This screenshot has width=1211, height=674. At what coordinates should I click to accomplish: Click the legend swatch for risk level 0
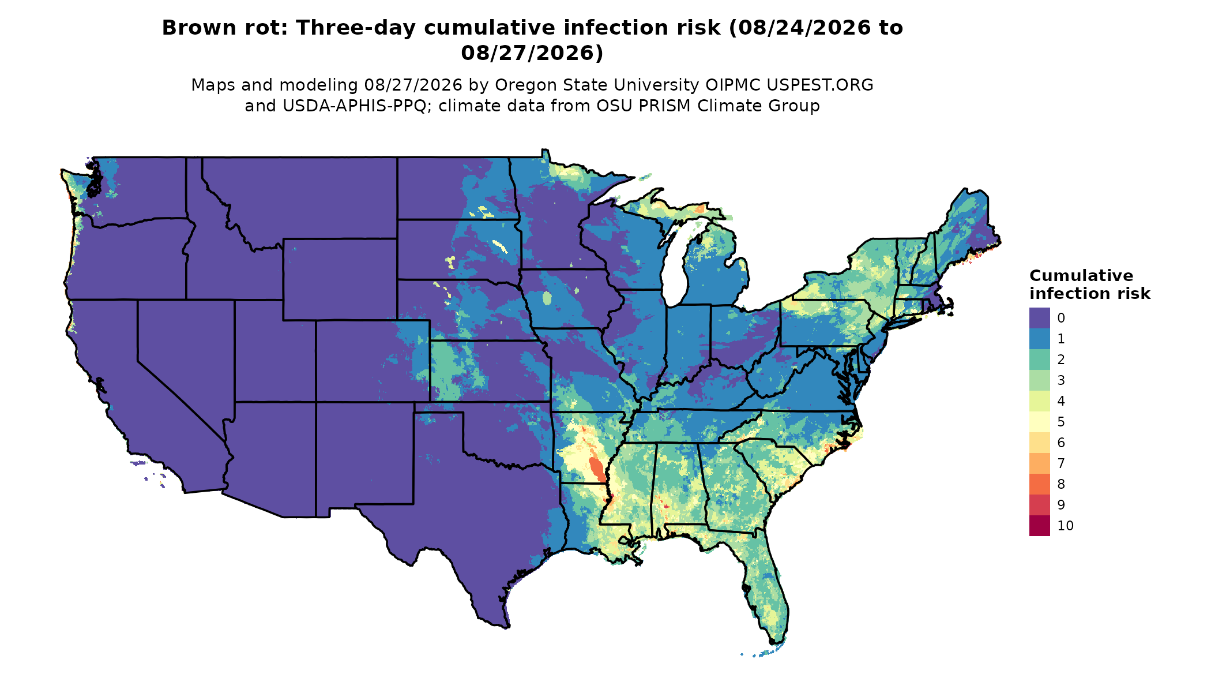pyautogui.click(x=1039, y=318)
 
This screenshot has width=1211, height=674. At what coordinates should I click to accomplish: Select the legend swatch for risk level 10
pyautogui.click(x=1039, y=526)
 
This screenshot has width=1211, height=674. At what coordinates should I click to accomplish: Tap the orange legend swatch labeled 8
pyautogui.click(x=1039, y=484)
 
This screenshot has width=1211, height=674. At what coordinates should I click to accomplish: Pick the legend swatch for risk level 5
pyautogui.click(x=1039, y=422)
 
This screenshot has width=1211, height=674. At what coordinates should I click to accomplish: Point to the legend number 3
pyautogui.click(x=1061, y=380)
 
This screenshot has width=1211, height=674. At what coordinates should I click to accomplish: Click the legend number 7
pyautogui.click(x=1061, y=463)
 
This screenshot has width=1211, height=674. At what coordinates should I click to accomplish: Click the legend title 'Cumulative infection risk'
pyautogui.click(x=1089, y=284)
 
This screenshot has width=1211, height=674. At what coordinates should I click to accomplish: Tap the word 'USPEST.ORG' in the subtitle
pyautogui.click(x=820, y=85)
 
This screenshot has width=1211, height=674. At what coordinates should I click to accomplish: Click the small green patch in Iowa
pyautogui.click(x=547, y=298)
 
